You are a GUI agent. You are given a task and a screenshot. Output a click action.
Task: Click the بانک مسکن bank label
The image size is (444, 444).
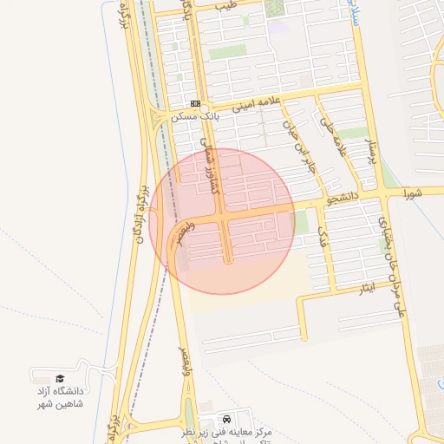point(195,115)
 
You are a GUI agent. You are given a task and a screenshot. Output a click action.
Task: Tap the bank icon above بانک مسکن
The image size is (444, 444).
point(196,103)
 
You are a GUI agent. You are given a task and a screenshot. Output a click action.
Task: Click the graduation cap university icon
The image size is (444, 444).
point(60,378)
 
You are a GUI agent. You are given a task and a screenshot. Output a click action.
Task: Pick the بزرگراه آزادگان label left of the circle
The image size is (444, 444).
point(138,213)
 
